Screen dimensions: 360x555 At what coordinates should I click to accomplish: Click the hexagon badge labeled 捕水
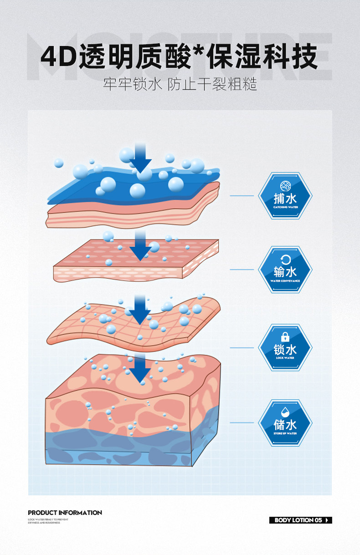pyautogui.click(x=285, y=196)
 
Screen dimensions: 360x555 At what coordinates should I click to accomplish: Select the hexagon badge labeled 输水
pyautogui.click(x=285, y=270)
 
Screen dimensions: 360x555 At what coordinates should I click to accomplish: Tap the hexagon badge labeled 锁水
pyautogui.click(x=285, y=347)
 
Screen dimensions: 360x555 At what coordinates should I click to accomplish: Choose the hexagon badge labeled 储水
pyautogui.click(x=285, y=423)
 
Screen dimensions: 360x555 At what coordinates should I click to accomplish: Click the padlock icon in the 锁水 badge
pyautogui.click(x=285, y=337)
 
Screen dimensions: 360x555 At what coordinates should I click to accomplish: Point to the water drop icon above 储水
pyautogui.click(x=285, y=412)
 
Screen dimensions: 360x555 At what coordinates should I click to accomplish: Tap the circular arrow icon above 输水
pyautogui.click(x=285, y=260)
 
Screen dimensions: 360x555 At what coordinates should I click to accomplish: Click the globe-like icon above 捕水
pyautogui.click(x=285, y=185)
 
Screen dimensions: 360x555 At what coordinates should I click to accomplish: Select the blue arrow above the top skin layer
pyautogui.click(x=140, y=158)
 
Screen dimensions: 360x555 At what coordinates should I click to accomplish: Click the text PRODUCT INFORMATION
pyautogui.click(x=65, y=513)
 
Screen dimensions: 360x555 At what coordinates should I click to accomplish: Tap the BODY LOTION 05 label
pyautogui.click(x=298, y=520)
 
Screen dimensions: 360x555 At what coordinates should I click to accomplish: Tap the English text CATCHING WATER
pyautogui.click(x=285, y=207)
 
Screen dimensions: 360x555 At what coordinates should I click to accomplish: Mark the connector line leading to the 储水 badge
pyautogui.click(x=242, y=423)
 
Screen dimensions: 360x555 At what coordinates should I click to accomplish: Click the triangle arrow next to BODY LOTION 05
pyautogui.click(x=327, y=520)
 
